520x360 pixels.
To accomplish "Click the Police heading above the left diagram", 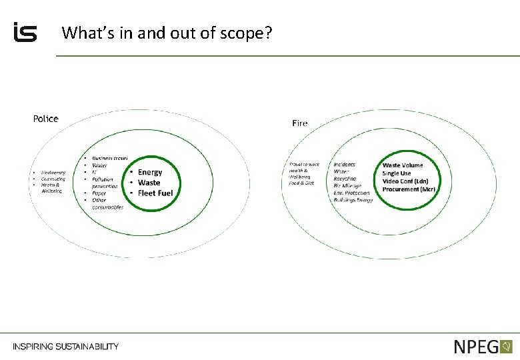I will (x=46, y=119).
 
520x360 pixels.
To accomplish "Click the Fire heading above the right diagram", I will (x=300, y=123).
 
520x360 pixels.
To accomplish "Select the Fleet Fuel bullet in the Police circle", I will (x=155, y=193).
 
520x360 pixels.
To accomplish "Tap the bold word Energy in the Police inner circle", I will (x=150, y=172).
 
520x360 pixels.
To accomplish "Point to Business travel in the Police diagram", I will (x=110, y=158).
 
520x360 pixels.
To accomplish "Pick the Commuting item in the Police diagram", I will (x=53, y=179).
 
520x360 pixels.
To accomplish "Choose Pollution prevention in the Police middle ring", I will (x=104, y=183).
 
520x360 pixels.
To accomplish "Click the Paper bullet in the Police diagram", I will (x=99, y=193).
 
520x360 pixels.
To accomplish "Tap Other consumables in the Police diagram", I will (x=107, y=203).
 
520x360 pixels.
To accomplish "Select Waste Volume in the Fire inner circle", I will (x=403, y=165).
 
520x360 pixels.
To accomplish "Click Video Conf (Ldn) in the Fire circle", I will (x=405, y=181).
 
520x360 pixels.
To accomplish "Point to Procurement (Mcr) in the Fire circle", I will (x=409, y=189).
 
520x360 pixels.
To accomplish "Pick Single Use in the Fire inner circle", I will (x=397, y=173).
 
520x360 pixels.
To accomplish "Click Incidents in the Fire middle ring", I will (x=345, y=165).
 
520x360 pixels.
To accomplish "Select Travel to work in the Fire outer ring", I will (x=304, y=165).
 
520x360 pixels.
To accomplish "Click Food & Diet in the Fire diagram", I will (x=301, y=183).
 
